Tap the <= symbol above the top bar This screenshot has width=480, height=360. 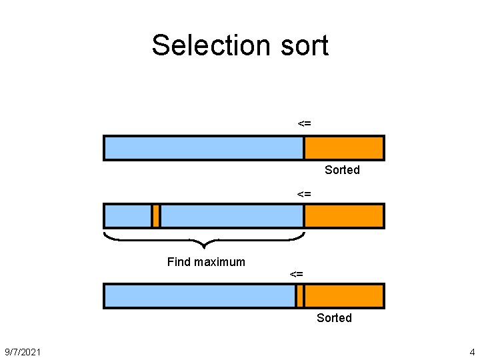point(304,123)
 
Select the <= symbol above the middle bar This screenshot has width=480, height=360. point(304,194)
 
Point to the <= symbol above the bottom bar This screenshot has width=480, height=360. point(297,274)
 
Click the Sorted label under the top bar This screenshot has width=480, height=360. point(342,170)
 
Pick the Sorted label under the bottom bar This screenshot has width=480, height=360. point(334,318)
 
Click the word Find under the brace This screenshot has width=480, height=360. point(179,262)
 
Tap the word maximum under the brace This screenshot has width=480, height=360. point(219,262)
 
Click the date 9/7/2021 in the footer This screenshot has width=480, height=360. point(22,351)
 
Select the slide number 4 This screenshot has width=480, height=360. point(472,351)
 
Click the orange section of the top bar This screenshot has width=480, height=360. point(344,148)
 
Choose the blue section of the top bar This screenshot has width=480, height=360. point(203,148)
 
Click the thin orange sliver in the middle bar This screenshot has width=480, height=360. point(156,216)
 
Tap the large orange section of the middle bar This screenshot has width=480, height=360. point(344,216)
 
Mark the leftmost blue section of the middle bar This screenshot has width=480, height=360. point(128,216)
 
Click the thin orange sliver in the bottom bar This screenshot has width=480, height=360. point(300,296)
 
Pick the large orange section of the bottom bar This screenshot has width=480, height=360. point(344,296)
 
